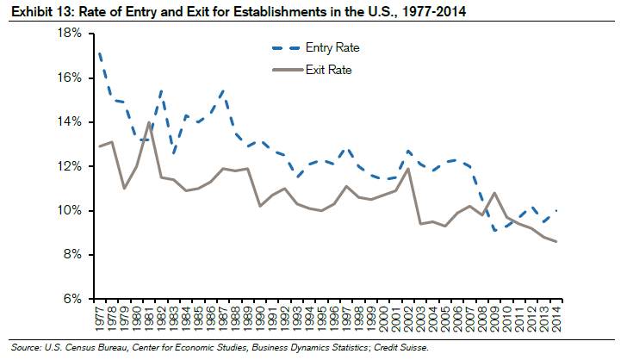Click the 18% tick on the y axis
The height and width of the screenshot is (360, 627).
(x=69, y=34)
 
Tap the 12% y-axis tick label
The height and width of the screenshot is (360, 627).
(x=69, y=166)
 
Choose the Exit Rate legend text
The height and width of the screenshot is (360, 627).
(x=322, y=69)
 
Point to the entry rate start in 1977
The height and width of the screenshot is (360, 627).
(x=101, y=54)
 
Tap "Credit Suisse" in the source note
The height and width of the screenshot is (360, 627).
(x=400, y=347)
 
